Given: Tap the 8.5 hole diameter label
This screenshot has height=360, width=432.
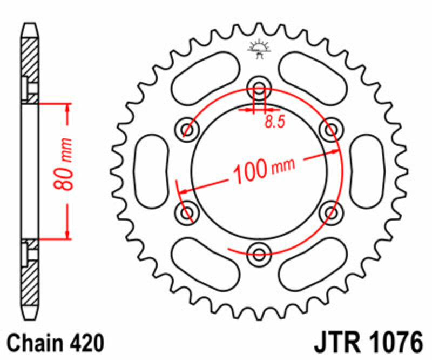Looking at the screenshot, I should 274,122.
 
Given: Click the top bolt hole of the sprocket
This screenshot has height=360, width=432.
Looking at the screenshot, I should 259,89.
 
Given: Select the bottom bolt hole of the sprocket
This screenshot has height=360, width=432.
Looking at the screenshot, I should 259,252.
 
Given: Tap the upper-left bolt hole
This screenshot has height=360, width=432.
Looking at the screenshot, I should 187,129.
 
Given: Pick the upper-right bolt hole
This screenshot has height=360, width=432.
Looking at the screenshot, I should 330,130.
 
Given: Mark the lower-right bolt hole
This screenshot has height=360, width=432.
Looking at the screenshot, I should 330,211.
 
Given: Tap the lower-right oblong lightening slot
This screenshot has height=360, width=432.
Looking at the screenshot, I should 312,263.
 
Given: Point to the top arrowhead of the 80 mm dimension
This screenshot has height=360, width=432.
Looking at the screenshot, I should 67,108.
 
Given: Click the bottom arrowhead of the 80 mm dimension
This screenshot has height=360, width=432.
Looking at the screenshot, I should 67,233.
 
